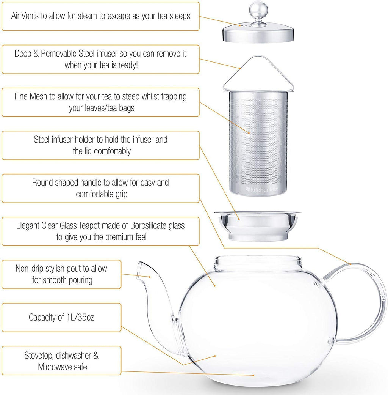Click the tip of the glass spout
142,265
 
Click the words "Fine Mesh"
31,96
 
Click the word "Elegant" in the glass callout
28,226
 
